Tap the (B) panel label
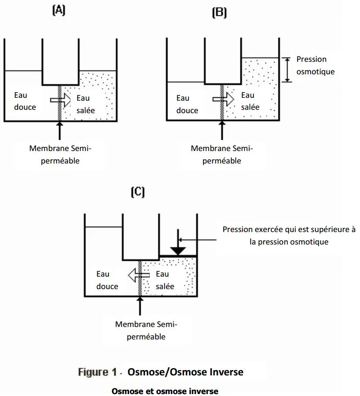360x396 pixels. tap(219, 13)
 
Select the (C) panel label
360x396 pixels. tap(138, 192)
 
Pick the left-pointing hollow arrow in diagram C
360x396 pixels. tap(139, 275)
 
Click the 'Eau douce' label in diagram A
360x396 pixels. tap(25, 101)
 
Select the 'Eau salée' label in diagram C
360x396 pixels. tap(165, 280)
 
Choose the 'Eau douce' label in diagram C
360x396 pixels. tap(107, 280)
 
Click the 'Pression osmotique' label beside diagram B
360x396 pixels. tap(315, 65)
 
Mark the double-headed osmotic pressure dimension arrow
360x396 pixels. tap(287, 70)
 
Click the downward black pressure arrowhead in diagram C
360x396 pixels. tap(178, 250)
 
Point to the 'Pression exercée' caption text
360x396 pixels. tap(288, 235)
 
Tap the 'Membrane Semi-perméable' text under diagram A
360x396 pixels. tap(60, 154)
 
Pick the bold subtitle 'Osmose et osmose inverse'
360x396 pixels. tap(165, 391)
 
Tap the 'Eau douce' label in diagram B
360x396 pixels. tap(187, 104)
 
